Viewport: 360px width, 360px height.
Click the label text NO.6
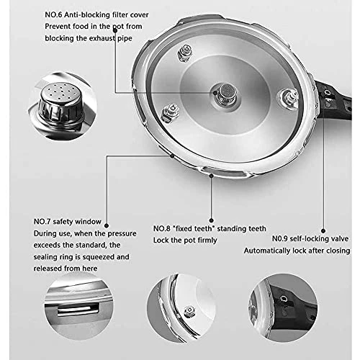(53, 15)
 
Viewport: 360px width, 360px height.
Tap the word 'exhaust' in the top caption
(103, 38)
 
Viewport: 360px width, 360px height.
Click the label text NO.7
(42, 222)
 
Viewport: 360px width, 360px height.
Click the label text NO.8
(162, 228)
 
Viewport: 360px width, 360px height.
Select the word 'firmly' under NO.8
(206, 240)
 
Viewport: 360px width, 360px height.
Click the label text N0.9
(280, 239)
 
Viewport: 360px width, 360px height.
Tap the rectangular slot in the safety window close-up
(78, 309)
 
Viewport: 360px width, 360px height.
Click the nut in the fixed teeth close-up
(189, 312)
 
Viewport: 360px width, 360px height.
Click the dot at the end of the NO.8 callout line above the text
(211, 220)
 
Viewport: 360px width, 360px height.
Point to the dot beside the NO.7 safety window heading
(107, 225)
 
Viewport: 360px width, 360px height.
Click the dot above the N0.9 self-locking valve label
(323, 231)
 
